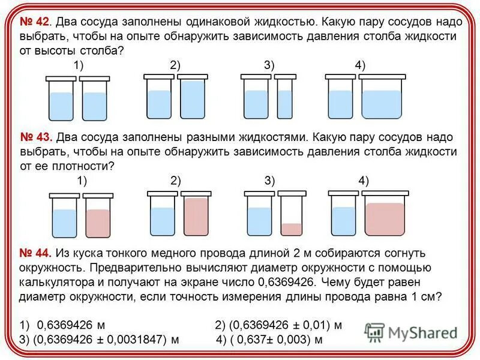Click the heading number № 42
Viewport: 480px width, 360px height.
point(34,23)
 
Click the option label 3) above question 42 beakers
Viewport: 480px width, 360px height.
point(268,65)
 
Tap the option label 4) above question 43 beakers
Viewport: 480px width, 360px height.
point(364,181)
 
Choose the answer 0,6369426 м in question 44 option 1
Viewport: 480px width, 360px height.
point(71,325)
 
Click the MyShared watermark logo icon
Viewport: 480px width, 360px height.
point(374,332)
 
